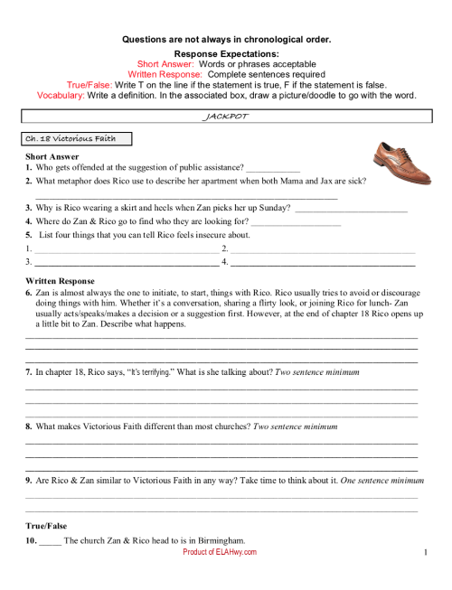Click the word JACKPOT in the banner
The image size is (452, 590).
tap(226, 117)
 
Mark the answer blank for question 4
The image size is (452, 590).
tap(296, 221)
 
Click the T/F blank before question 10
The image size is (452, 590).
tap(51, 540)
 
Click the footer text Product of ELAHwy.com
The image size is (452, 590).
tap(220, 551)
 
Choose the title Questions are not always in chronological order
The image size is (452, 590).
tap(226, 39)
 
